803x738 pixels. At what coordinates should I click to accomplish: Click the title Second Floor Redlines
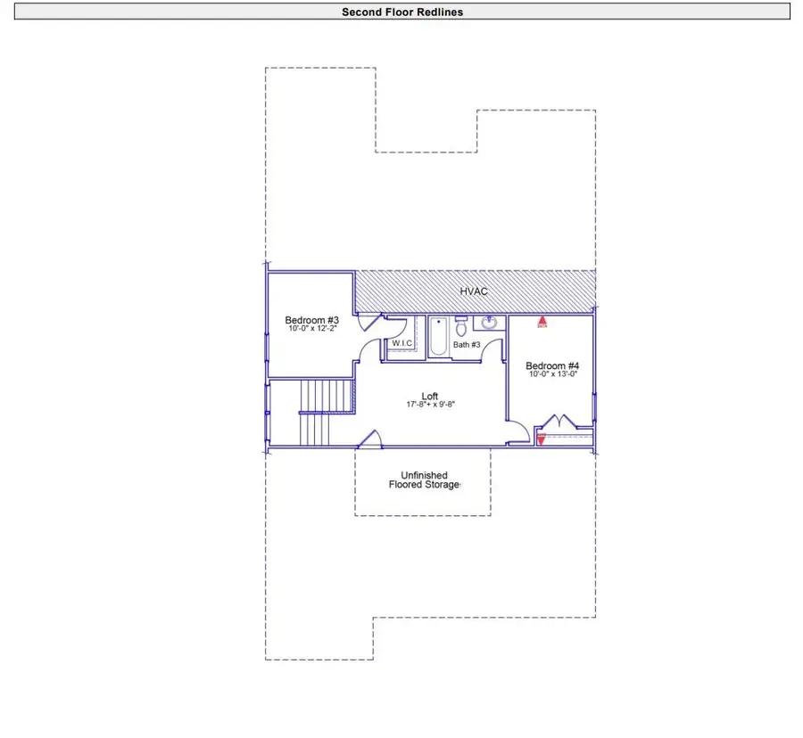click(x=402, y=12)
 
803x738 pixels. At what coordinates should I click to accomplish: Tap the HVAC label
click(x=474, y=291)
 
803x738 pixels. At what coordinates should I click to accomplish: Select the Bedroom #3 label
click(x=311, y=320)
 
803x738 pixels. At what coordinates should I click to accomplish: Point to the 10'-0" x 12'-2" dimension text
click(x=311, y=330)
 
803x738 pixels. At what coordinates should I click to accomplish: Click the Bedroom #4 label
click(x=552, y=365)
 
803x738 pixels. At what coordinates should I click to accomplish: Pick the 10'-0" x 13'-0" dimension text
click(x=552, y=374)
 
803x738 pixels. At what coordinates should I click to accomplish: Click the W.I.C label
click(x=402, y=344)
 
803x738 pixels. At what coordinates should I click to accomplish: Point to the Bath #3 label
click(x=467, y=344)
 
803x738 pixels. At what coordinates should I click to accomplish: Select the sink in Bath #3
click(x=489, y=324)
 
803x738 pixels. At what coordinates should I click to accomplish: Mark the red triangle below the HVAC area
click(x=542, y=322)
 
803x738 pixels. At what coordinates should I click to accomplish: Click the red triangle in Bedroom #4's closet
click(x=541, y=438)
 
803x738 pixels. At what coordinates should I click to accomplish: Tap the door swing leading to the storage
click(x=370, y=438)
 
